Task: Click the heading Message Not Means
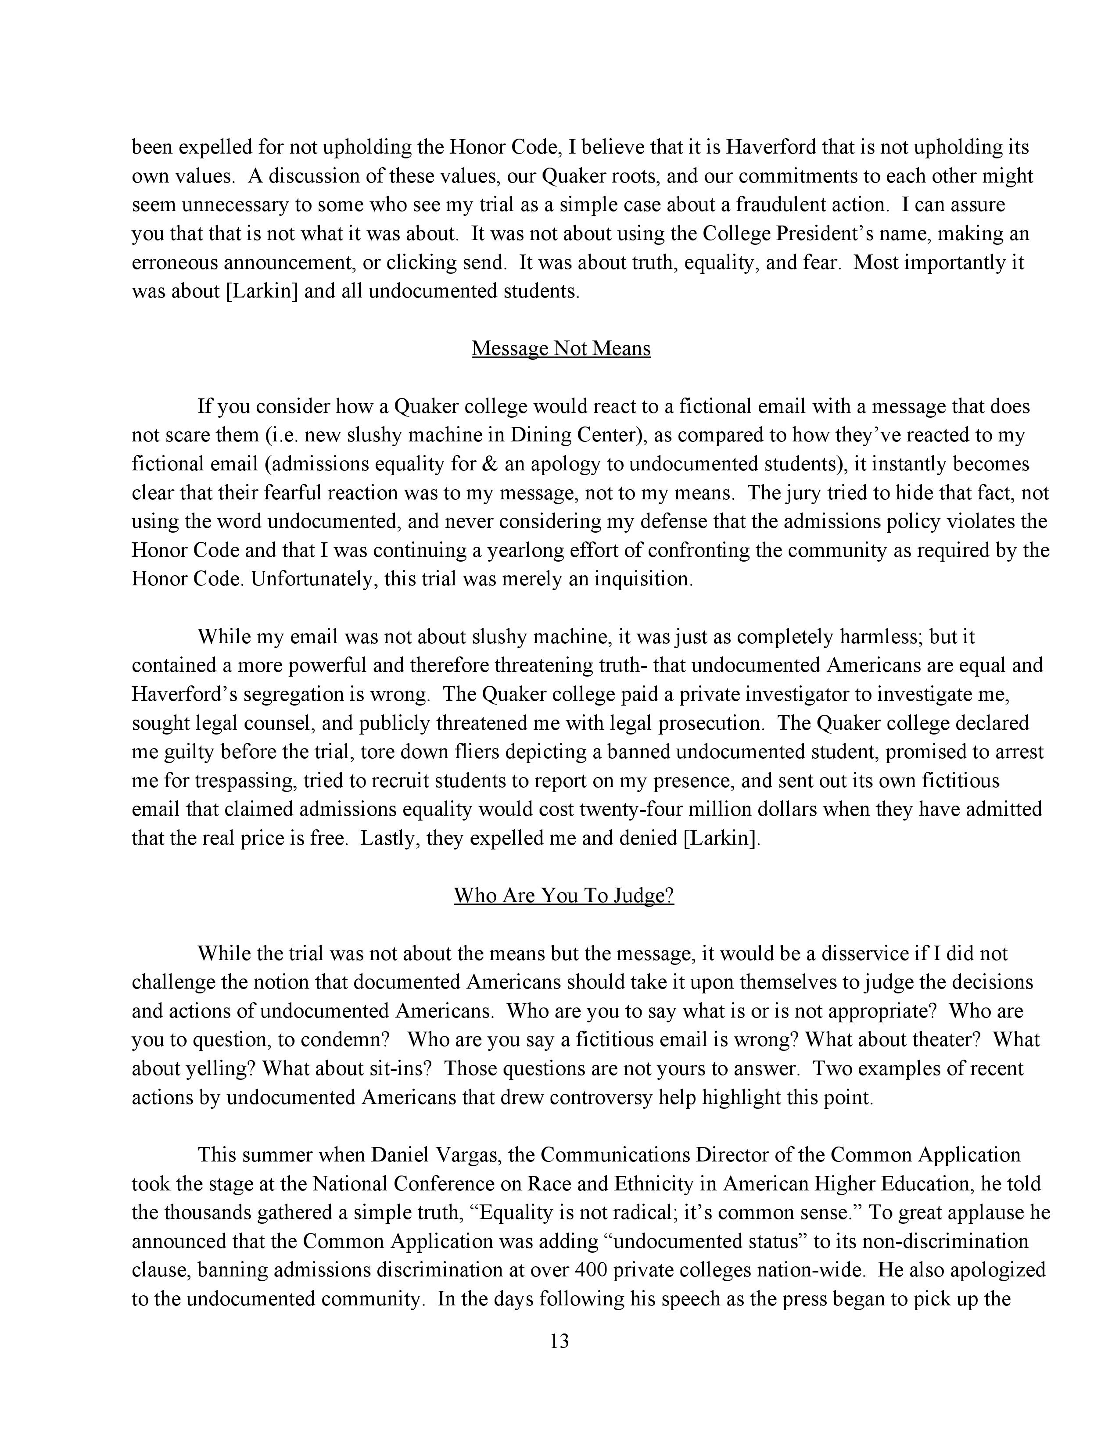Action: [x=561, y=349]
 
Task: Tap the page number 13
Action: [x=559, y=1342]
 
